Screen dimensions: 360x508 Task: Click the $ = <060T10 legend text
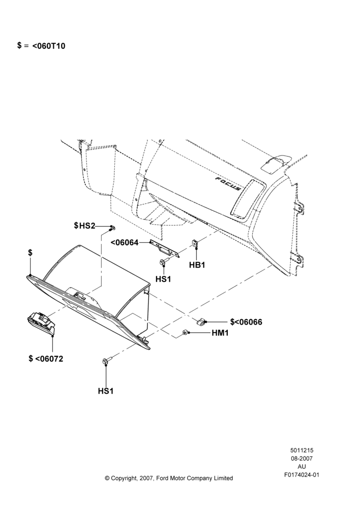point(41,46)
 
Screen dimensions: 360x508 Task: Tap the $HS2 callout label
point(84,226)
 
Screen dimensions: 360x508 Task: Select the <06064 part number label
point(125,243)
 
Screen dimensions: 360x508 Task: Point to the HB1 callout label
point(197,265)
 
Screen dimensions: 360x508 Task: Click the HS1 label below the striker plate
point(163,279)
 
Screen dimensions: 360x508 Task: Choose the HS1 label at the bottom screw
point(106,391)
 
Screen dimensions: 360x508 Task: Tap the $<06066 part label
point(246,322)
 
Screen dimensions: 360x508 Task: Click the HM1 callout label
point(220,333)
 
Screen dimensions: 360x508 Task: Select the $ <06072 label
point(46,359)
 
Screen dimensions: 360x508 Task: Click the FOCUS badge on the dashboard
point(229,183)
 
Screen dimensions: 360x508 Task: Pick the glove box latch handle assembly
point(41,323)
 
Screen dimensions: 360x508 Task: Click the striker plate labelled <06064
point(164,249)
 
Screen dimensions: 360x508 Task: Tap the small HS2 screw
point(111,229)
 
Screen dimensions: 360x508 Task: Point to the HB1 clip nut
point(196,243)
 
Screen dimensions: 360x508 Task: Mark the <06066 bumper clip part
point(201,322)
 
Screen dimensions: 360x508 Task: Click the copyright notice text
point(169,478)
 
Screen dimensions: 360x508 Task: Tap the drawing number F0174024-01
point(302,475)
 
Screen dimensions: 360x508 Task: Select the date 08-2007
point(302,458)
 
